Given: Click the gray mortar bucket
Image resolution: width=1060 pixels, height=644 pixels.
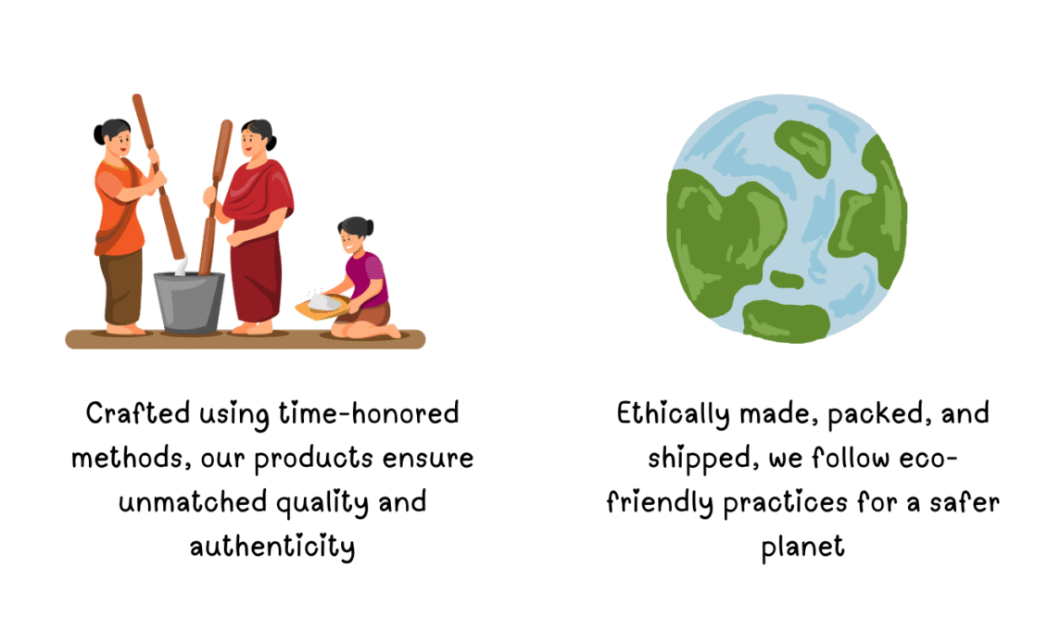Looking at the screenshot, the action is click(x=189, y=303).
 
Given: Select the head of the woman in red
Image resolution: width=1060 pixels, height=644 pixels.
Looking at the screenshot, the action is click(x=258, y=139).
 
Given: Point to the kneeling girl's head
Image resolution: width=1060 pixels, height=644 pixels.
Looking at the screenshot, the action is click(x=354, y=235).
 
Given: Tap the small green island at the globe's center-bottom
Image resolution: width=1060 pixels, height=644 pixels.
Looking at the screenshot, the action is click(x=787, y=279).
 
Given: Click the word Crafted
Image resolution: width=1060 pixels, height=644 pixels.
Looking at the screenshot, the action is click(x=138, y=413).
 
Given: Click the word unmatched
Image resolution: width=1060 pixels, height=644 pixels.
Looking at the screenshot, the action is click(x=193, y=502).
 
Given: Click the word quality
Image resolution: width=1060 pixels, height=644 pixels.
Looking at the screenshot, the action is click(x=322, y=503).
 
